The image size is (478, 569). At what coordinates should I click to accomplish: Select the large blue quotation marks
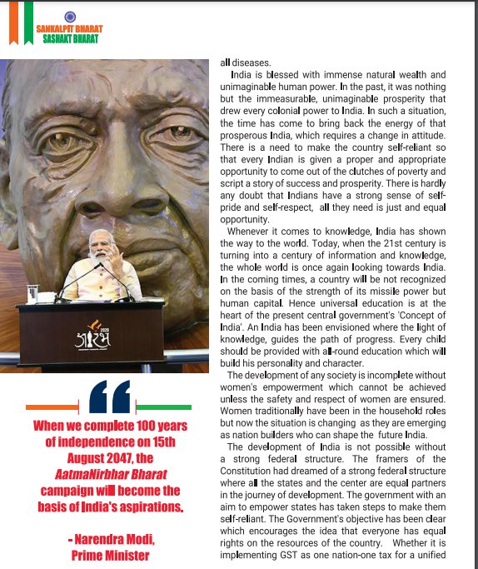[x=109, y=397]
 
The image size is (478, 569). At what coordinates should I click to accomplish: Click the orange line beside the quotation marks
[x=52, y=407]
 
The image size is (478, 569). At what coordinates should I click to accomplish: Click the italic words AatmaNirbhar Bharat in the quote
[x=109, y=473]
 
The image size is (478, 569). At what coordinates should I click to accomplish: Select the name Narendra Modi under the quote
[x=115, y=540]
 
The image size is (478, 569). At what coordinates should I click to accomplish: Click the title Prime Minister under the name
[x=111, y=555]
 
